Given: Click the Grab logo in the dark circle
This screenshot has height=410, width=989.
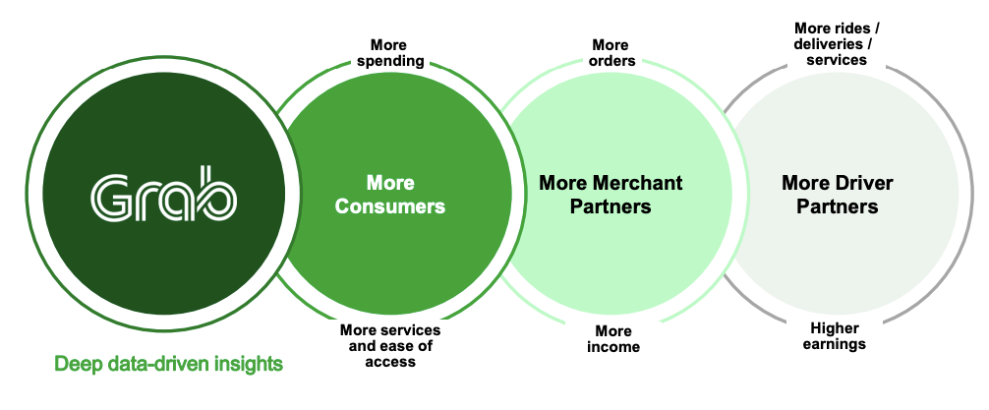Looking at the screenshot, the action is tap(163, 194).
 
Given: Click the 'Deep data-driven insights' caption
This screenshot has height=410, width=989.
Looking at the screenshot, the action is tap(168, 364).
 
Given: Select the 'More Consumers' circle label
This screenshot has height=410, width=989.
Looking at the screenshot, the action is tap(389, 195).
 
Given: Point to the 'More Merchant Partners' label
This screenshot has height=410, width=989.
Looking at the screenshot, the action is tap(611, 195).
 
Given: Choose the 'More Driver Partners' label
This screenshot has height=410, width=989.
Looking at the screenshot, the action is tap(837, 195).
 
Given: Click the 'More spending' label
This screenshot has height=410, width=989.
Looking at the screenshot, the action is tap(389, 53).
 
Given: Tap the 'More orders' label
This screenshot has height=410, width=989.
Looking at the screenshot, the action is tap(611, 53).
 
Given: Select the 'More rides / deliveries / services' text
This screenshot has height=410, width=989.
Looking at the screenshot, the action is tap(837, 44).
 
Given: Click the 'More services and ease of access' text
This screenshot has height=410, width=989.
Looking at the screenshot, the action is tap(389, 346).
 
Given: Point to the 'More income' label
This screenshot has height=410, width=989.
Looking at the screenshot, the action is tap(613, 339).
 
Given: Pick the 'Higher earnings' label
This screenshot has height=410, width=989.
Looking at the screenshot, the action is tap(835, 336).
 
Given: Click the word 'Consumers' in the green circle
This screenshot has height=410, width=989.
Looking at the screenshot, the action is tap(389, 206).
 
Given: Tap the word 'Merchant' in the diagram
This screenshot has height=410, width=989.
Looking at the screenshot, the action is tap(638, 183).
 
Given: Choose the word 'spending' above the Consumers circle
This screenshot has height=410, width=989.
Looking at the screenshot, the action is tap(389, 61).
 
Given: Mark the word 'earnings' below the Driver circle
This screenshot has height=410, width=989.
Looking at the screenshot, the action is tap(835, 344).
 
